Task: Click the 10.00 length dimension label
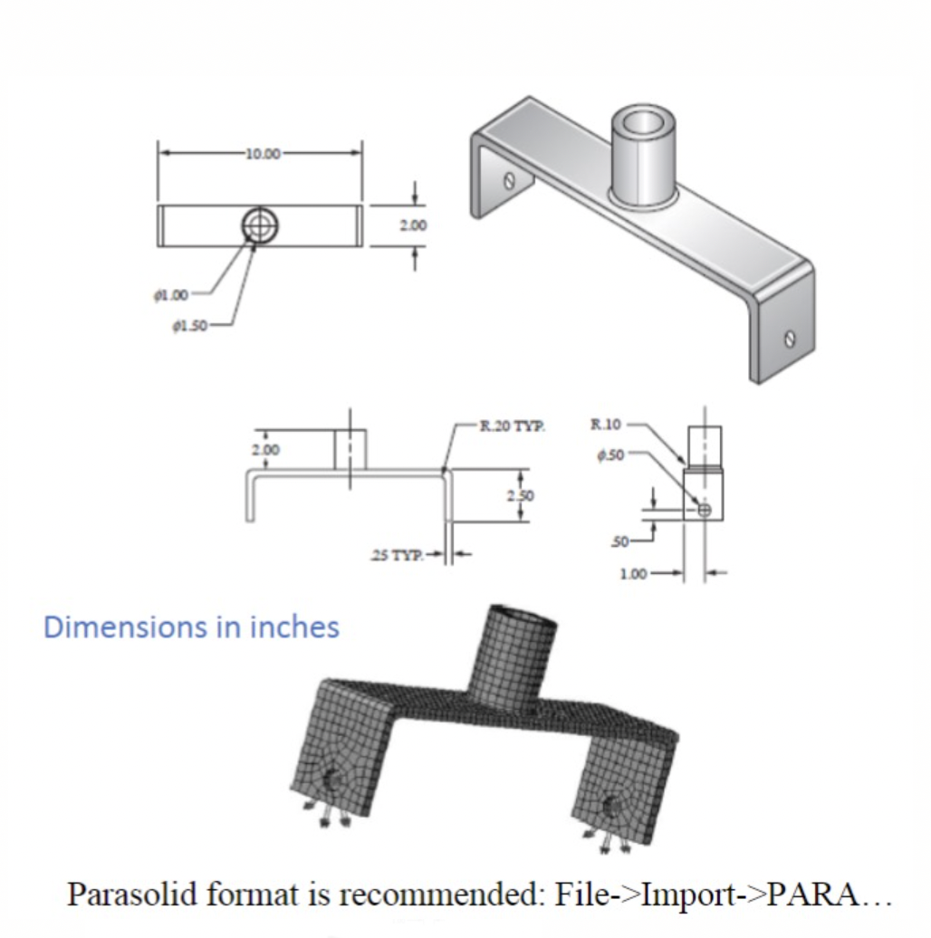(x=262, y=153)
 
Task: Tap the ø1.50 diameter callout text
(x=190, y=325)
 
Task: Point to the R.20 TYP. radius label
(x=513, y=425)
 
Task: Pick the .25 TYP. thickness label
(x=398, y=554)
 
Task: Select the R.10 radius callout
(x=605, y=423)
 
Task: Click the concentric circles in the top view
(x=260, y=225)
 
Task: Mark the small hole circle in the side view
(x=705, y=510)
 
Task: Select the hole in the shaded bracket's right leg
(x=790, y=339)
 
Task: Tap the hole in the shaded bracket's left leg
(x=509, y=180)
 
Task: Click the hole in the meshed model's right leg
(x=613, y=802)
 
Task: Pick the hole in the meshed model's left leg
(x=333, y=779)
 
